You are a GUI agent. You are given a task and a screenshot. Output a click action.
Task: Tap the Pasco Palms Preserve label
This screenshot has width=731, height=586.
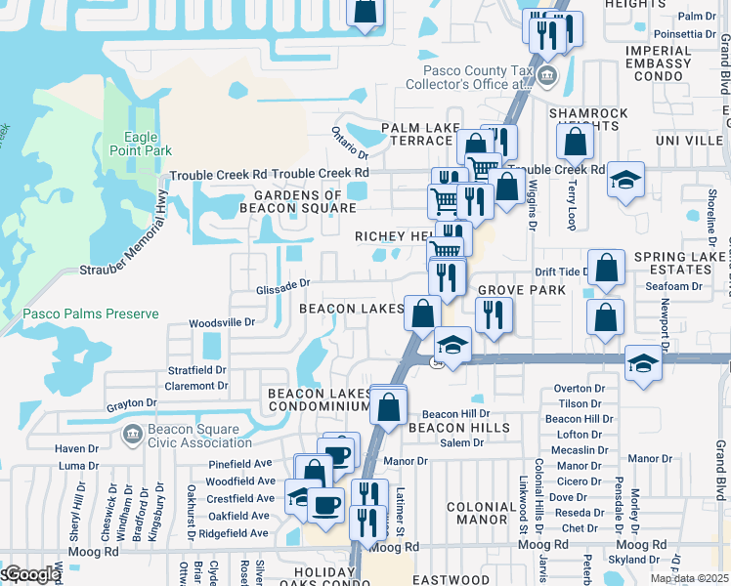pos(79,314)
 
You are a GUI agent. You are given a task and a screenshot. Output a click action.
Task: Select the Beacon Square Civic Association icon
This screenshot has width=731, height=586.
pos(131,433)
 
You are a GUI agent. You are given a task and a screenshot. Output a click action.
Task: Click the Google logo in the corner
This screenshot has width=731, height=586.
pos(31,574)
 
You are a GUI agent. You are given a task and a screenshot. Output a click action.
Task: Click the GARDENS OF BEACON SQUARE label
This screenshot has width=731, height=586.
pos(292,202)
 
